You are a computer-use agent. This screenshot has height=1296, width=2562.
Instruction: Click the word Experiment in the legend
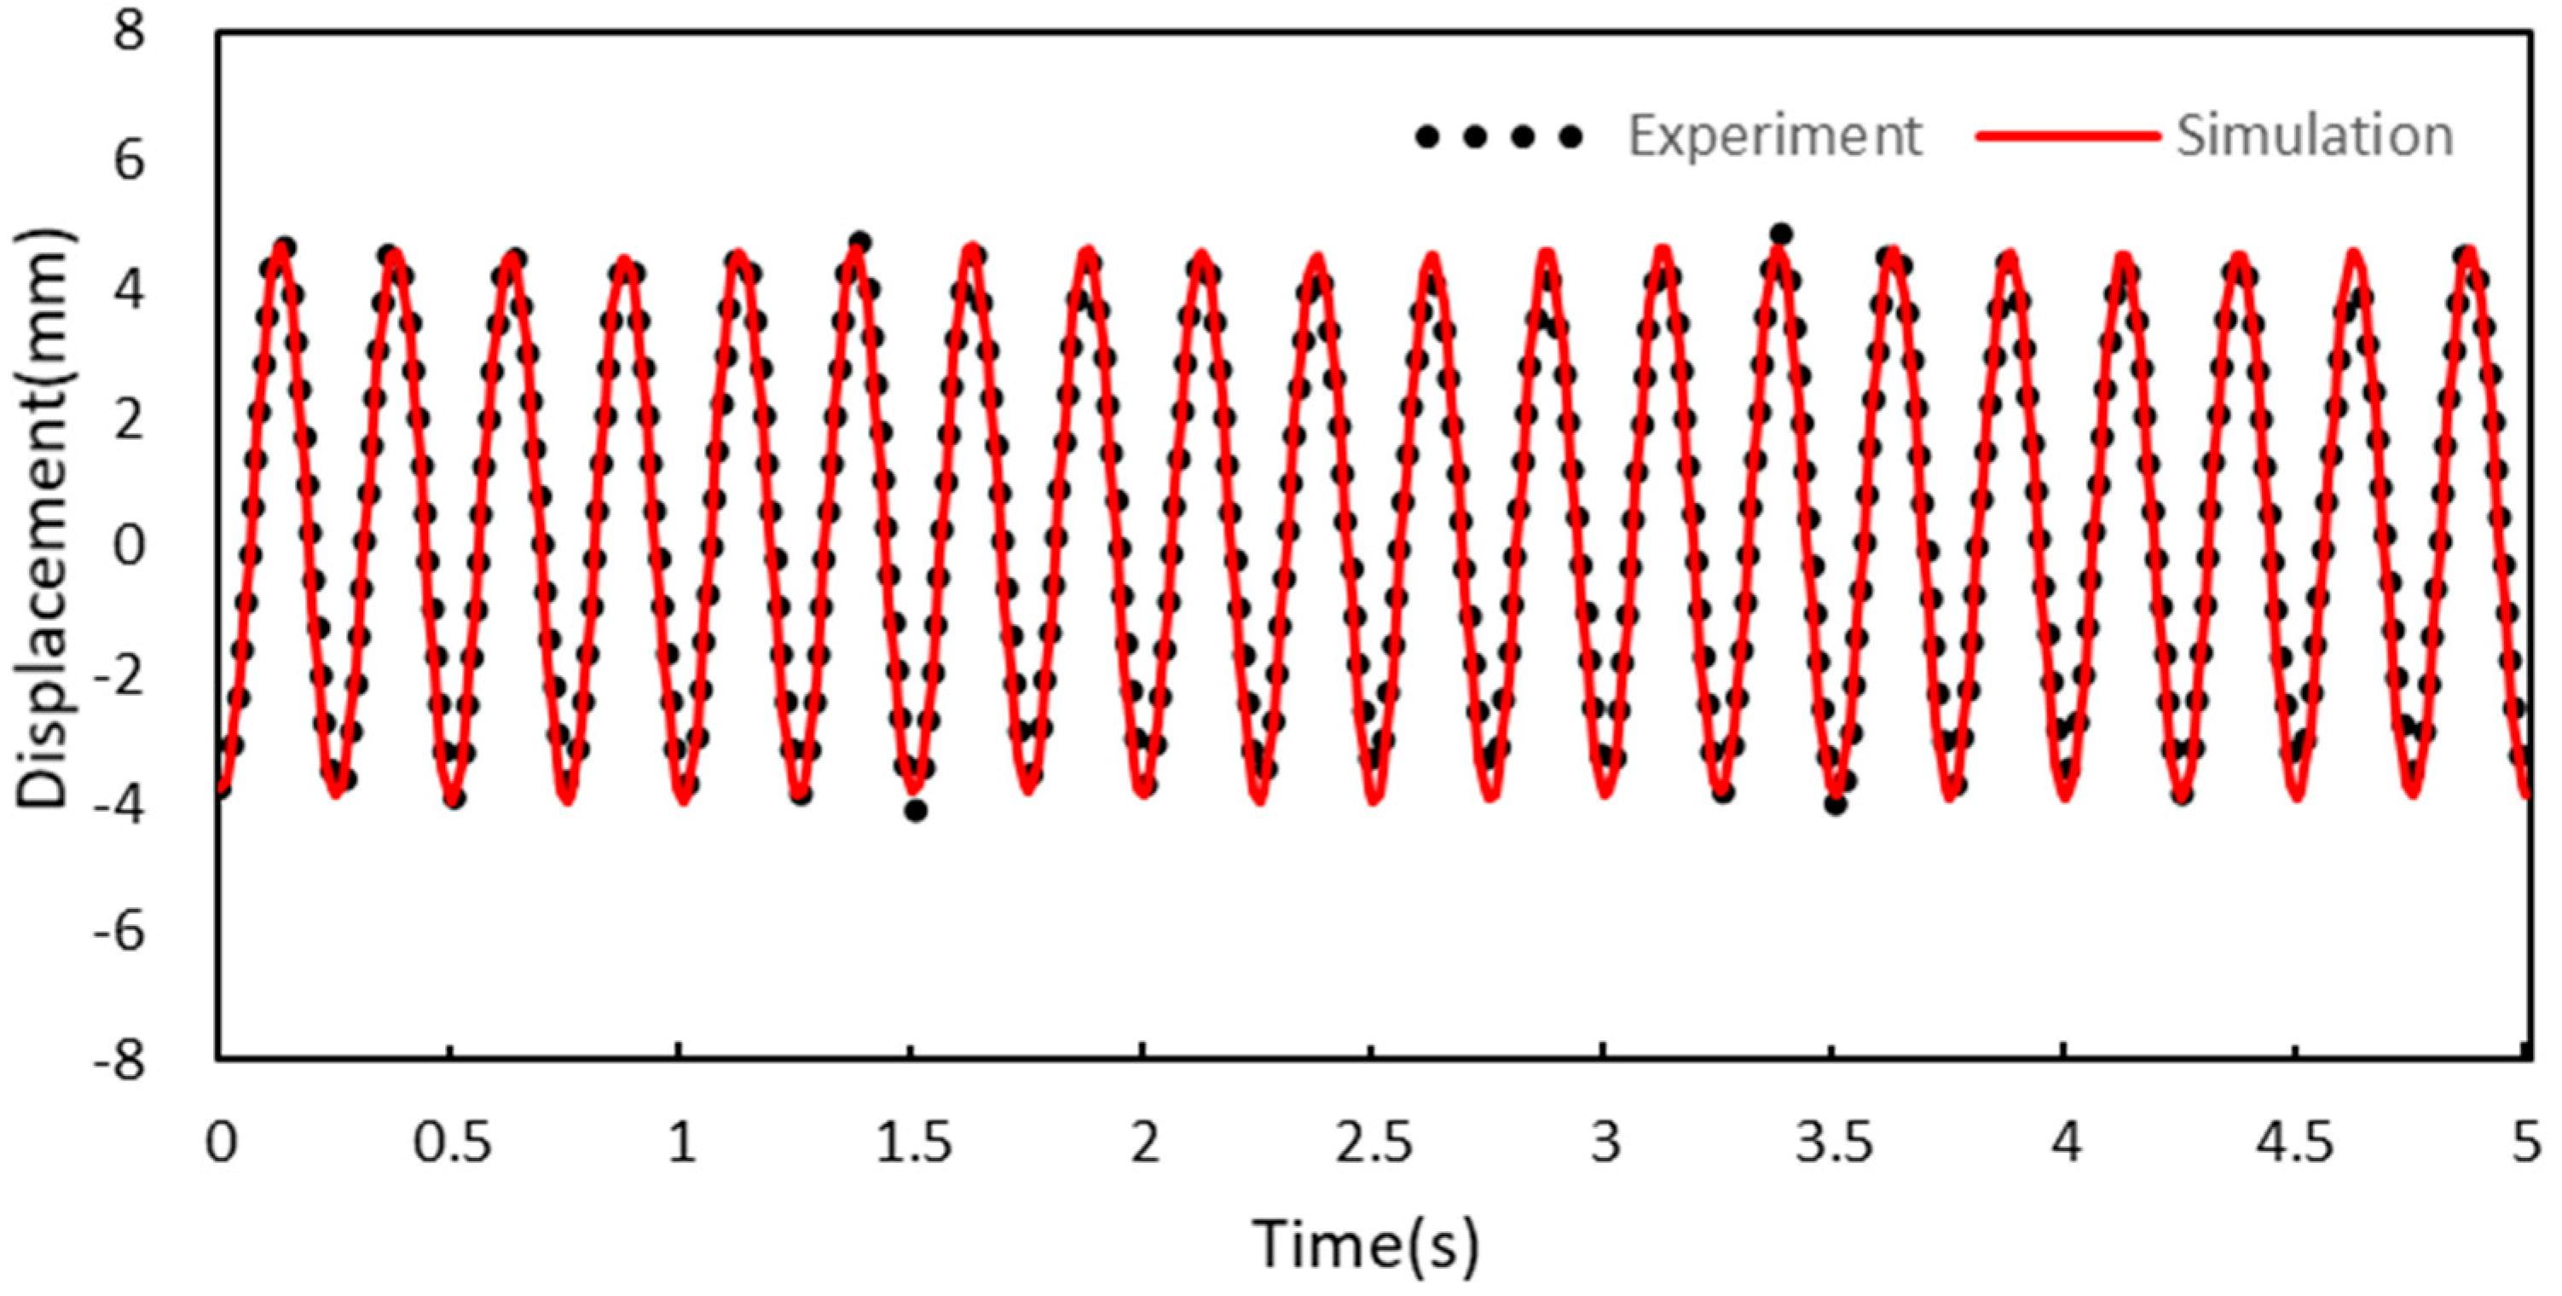coord(1774,136)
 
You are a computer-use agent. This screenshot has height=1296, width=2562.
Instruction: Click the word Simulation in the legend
coord(2315,136)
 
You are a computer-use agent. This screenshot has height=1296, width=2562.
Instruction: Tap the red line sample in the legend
coord(2067,136)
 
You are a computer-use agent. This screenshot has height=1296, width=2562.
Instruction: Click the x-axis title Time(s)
coord(1366,1243)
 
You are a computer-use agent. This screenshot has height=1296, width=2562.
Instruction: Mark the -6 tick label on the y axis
coord(119,932)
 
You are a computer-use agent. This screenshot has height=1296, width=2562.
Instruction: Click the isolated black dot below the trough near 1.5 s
coord(916,811)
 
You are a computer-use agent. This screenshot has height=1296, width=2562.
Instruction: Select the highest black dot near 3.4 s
coord(1781,234)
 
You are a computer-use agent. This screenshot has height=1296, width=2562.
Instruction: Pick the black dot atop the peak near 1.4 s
coord(860,241)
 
